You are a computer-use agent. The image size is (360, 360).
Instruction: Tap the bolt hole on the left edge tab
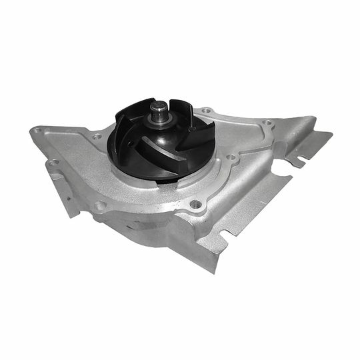(54, 162)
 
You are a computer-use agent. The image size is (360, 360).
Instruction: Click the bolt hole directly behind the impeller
(207, 110)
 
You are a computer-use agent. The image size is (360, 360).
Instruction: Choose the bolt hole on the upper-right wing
(267, 123)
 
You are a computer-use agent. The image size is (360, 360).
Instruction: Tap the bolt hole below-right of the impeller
(195, 204)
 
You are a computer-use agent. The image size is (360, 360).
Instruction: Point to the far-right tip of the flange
(330, 135)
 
